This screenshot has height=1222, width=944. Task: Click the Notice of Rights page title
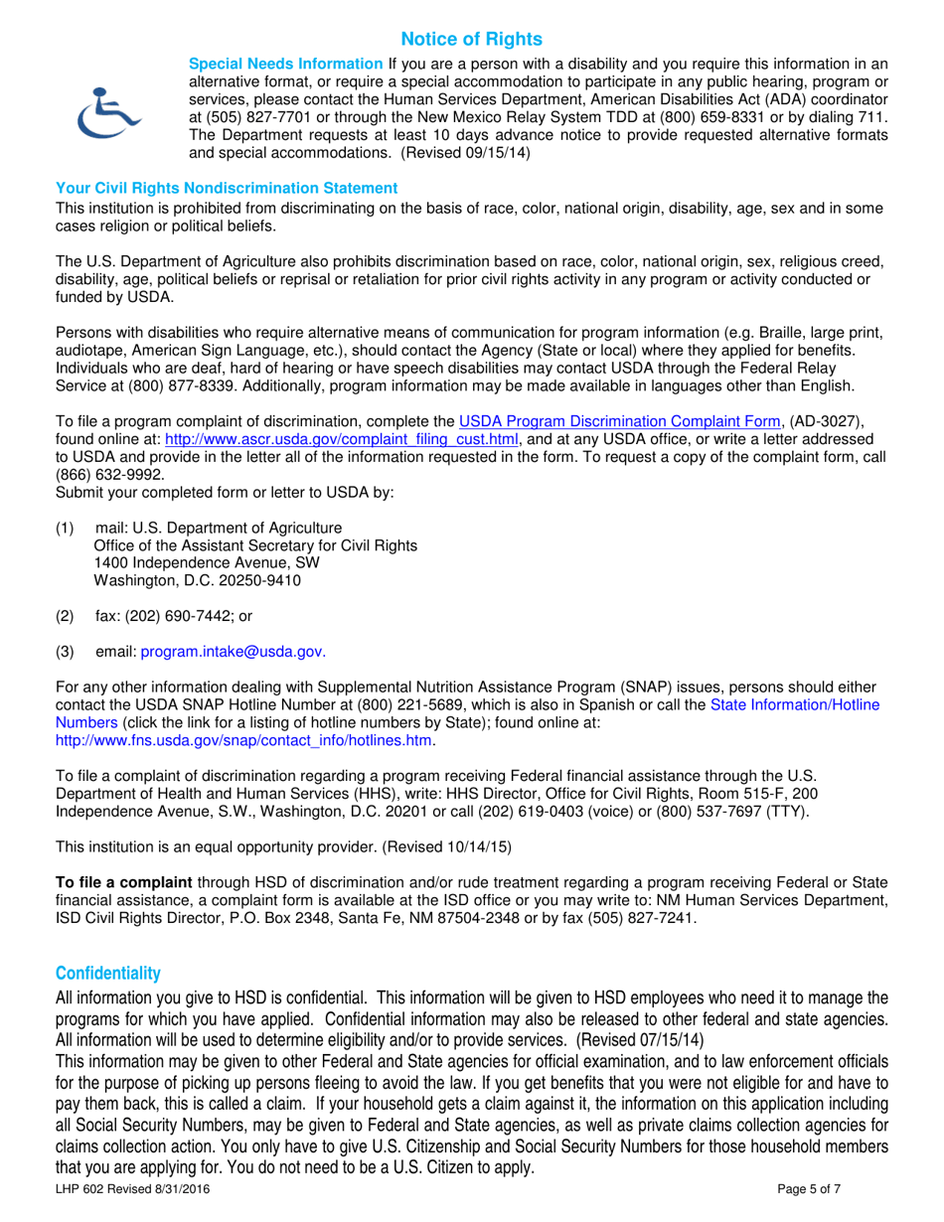pyautogui.click(x=472, y=39)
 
